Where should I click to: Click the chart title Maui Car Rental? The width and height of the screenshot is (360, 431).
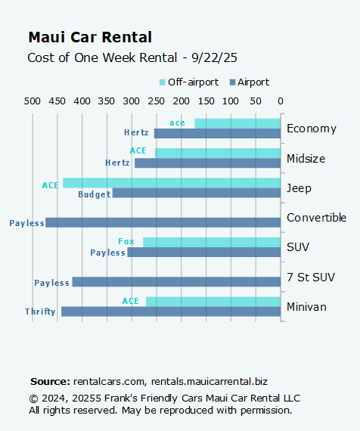tap(89, 37)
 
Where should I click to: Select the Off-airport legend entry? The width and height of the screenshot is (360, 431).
tap(188, 82)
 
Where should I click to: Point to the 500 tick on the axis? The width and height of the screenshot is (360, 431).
tap(33, 101)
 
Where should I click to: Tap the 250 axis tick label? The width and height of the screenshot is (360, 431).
tap(182, 101)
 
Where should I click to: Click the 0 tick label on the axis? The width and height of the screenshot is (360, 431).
tap(281, 101)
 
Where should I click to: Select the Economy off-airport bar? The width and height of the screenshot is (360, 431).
tap(237, 123)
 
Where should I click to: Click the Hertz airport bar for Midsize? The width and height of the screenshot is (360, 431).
tap(207, 163)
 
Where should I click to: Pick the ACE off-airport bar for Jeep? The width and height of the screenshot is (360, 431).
tap(172, 183)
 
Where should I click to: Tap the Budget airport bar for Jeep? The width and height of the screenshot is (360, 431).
tap(196, 193)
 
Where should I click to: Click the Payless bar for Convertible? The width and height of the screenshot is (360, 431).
tap(163, 222)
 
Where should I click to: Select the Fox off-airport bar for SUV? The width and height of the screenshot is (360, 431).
tap(212, 242)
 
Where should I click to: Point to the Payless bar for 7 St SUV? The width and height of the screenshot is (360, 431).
tap(176, 282)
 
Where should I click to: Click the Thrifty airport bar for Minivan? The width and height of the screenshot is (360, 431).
tap(171, 312)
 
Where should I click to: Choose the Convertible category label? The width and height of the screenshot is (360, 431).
tap(316, 218)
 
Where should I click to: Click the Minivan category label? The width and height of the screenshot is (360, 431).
tap(307, 307)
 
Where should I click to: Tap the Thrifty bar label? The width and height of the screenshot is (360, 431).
tap(40, 312)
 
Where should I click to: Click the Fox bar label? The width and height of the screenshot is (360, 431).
tap(126, 242)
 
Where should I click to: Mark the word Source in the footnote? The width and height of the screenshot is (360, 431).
tap(49, 382)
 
